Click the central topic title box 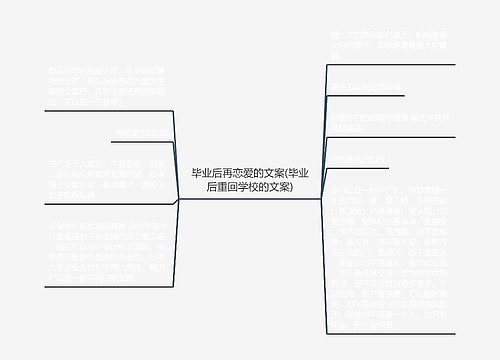pyautogui.click(x=250, y=180)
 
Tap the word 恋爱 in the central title pyautogui.click(x=243, y=173)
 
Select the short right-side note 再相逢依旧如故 pyautogui.click(x=359, y=157)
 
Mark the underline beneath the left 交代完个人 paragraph pyautogui.click(x=94, y=199)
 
